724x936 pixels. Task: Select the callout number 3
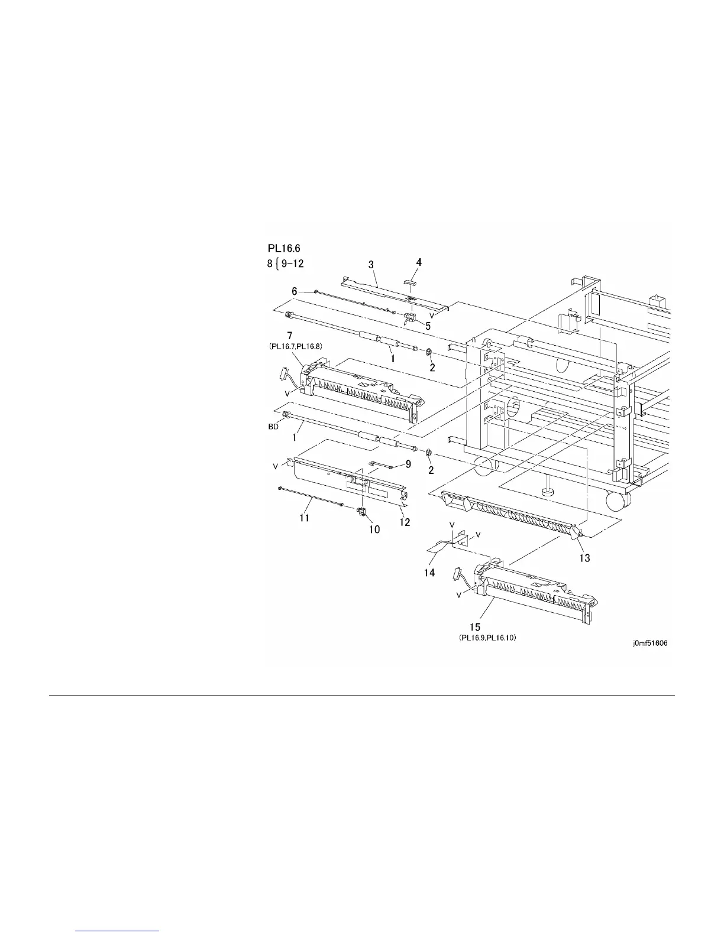pos(371,265)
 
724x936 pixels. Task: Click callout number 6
pos(294,291)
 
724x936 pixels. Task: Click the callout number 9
pos(408,464)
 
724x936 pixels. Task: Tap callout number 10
pos(375,529)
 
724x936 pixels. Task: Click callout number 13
pos(584,558)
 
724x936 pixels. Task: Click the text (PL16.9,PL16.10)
pos(487,638)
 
